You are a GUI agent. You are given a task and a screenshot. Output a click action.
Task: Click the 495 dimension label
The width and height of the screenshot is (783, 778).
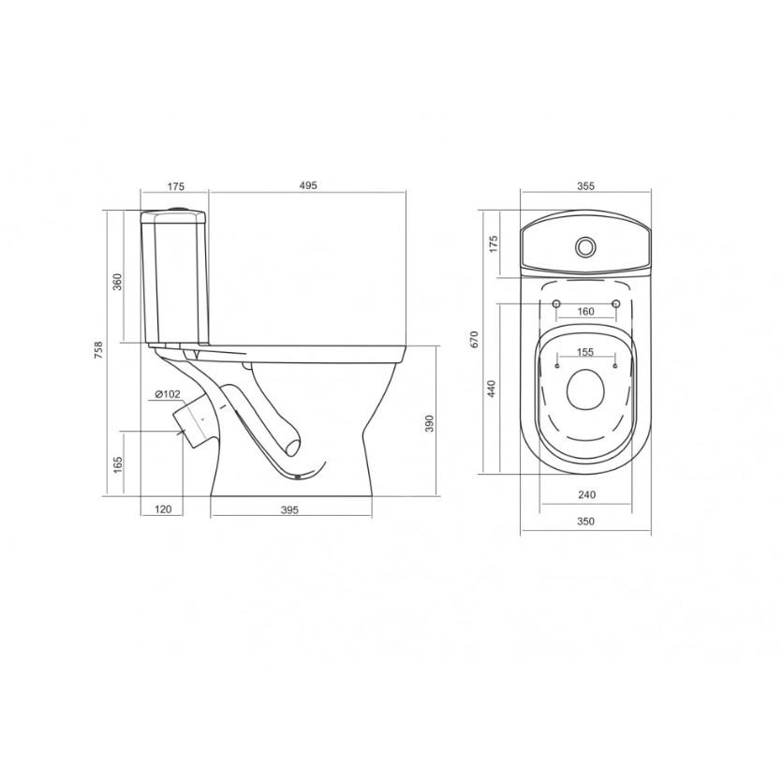[308, 185]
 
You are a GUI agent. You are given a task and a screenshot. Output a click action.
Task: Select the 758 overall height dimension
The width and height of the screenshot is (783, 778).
[99, 350]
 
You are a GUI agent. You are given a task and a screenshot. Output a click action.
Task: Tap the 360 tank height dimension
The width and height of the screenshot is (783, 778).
[117, 283]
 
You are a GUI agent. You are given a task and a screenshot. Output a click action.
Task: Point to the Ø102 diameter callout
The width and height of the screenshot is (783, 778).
[168, 394]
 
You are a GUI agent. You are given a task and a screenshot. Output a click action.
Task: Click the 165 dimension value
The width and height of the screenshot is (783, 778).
[118, 464]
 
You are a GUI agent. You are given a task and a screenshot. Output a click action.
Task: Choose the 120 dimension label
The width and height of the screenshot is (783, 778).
[163, 509]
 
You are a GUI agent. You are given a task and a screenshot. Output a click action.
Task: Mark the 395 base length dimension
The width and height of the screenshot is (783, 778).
[289, 509]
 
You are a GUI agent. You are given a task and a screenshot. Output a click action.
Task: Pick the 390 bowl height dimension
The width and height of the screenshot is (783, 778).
[430, 423]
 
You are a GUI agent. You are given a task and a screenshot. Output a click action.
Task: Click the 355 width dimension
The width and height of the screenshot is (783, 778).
[585, 186]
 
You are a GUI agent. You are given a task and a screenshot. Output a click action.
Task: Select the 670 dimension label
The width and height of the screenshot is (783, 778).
[475, 339]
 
